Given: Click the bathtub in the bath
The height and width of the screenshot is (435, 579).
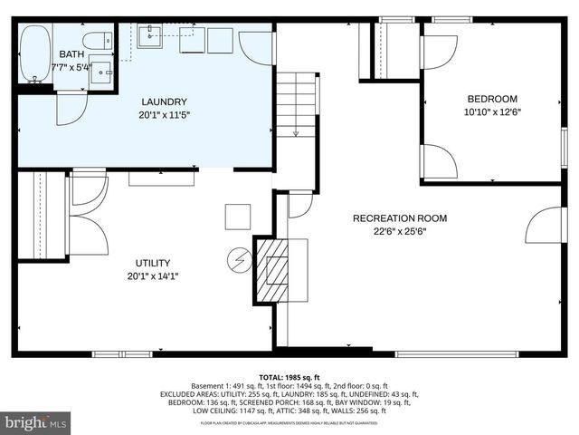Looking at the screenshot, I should [35, 53].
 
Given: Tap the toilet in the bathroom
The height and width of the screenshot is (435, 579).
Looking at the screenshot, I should [96, 41].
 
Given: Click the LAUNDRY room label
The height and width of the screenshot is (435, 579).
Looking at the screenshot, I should [164, 101].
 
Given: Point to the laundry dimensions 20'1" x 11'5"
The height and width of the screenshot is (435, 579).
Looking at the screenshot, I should [164, 114].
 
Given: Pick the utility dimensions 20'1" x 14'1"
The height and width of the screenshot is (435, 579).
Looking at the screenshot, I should [153, 276].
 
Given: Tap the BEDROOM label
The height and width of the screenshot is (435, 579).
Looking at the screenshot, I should [491, 99].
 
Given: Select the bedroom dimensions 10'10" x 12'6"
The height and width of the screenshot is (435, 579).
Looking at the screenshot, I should [492, 112].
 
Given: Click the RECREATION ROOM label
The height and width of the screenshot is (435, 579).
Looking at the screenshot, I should [399, 218].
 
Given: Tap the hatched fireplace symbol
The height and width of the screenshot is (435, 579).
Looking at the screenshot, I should [271, 269].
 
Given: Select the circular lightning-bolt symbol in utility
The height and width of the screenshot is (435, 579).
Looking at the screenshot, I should [241, 261].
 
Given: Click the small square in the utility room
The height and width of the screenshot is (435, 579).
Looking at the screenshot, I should [238, 217].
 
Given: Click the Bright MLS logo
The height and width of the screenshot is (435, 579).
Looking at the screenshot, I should [36, 422].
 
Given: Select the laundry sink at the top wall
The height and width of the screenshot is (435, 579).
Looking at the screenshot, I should [150, 36].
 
